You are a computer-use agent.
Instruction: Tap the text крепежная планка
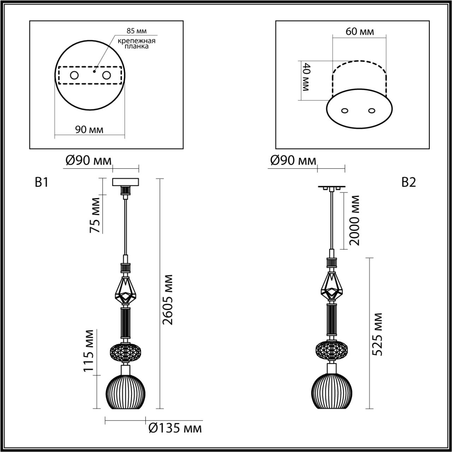click(137, 43)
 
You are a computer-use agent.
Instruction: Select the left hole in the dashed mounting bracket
click(74, 75)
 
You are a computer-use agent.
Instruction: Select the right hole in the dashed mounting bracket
click(106, 75)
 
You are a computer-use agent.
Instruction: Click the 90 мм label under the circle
click(89, 130)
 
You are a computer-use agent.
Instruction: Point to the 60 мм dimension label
click(359, 32)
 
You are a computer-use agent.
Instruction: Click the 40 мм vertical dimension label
click(305, 77)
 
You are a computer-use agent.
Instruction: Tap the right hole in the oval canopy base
click(371, 111)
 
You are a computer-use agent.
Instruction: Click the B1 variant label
click(41, 182)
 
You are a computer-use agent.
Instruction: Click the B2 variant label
click(409, 182)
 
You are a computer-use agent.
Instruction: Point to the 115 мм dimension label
click(89, 351)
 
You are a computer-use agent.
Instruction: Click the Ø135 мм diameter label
click(175, 428)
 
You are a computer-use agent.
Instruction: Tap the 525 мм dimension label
click(377, 334)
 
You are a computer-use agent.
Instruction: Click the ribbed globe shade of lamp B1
click(126, 392)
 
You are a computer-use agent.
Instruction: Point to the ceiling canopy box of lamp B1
click(126, 182)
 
